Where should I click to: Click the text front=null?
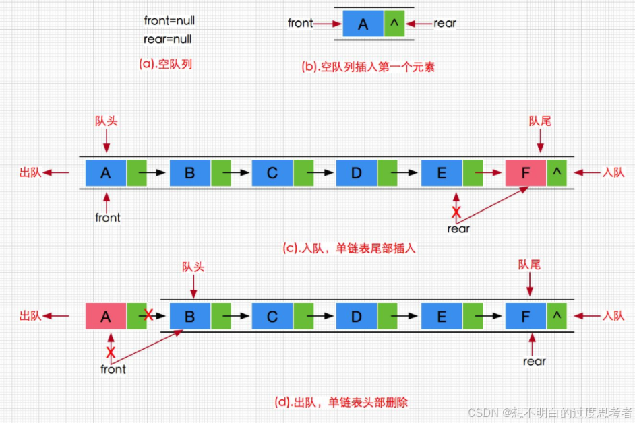point(169,21)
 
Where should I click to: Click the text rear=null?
point(168,39)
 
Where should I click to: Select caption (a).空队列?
point(166,65)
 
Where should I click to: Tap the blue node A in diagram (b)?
point(363,24)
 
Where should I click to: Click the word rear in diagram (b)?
point(444,24)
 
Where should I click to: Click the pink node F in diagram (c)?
point(525,173)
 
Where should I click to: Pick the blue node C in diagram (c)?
point(272,173)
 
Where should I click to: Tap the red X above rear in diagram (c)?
point(456,212)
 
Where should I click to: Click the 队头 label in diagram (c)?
point(107,121)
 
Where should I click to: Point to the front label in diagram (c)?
point(107,218)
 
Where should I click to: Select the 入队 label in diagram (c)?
point(613,173)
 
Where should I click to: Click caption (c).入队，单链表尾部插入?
point(349,248)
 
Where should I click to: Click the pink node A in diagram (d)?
point(106,316)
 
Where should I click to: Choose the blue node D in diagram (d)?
point(356,316)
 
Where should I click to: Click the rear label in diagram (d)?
point(534,362)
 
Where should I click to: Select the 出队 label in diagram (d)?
point(31,316)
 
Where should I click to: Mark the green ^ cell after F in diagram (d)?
point(557,316)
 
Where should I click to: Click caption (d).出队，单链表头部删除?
point(341,402)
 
